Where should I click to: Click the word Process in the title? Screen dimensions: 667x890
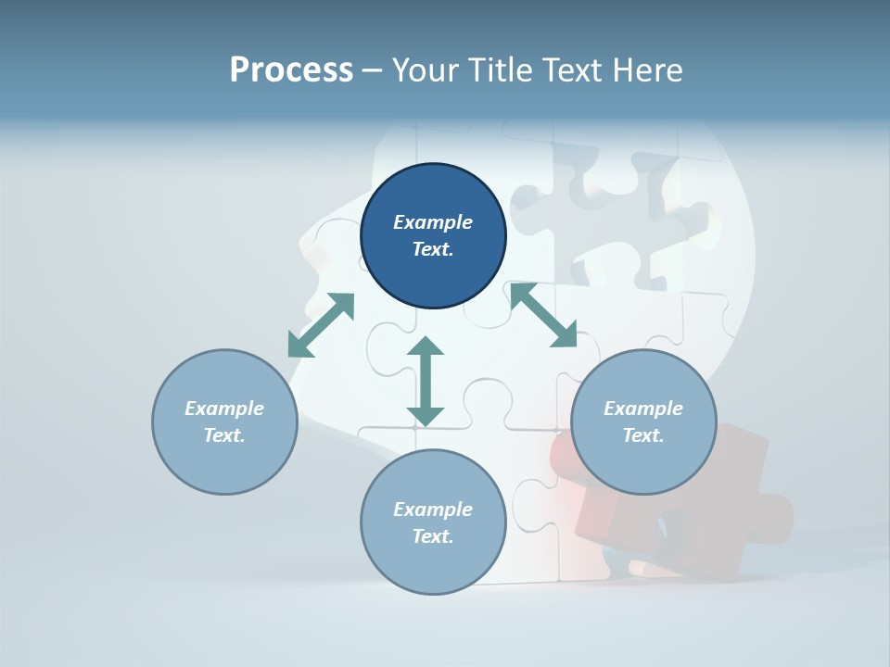point(291,69)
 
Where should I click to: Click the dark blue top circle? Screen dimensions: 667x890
point(433,195)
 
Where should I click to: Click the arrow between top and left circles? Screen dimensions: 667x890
point(321,325)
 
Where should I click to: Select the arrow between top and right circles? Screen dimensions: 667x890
point(543,316)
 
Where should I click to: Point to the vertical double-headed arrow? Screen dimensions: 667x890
point(426,381)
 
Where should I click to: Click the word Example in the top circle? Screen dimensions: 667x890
point(433,222)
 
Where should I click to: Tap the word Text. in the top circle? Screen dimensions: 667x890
point(433,250)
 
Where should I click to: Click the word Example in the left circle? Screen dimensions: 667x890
point(224,409)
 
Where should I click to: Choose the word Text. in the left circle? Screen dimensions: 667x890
point(224,436)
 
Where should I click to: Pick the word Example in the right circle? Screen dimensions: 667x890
point(643,409)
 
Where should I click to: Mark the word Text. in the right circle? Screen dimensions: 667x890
point(643,436)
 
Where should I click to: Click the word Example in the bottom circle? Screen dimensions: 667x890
point(433,510)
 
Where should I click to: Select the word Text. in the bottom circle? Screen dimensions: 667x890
point(433,537)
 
